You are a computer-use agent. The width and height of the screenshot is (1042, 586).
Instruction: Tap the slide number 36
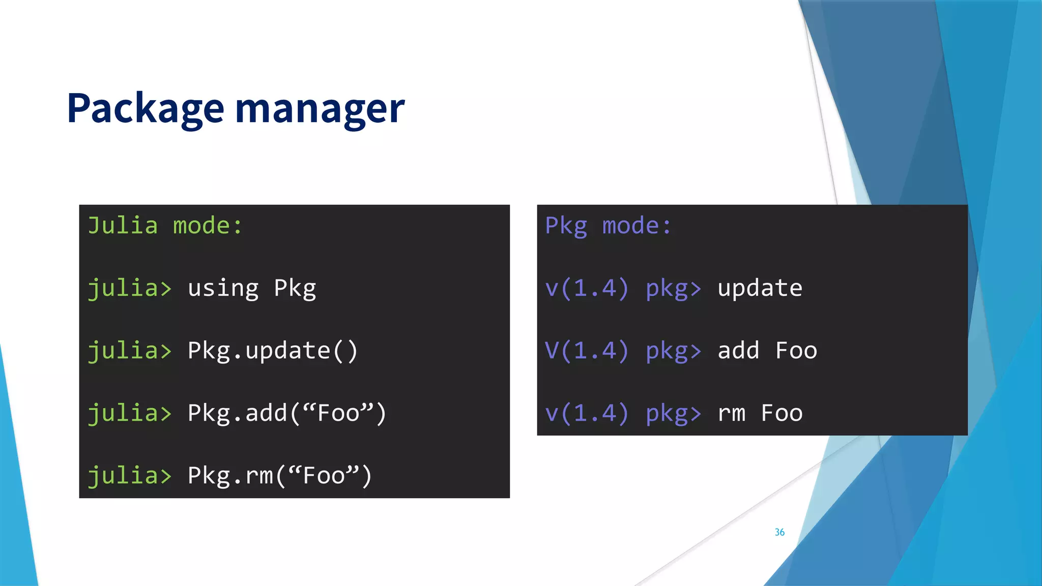(x=779, y=532)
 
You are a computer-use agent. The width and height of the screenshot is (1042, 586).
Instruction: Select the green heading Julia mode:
(x=165, y=226)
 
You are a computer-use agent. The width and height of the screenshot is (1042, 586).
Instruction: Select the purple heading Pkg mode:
(x=608, y=226)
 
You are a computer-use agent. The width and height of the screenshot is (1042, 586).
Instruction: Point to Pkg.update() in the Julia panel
(x=273, y=351)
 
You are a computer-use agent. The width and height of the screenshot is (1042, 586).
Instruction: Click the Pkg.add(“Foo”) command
(x=287, y=413)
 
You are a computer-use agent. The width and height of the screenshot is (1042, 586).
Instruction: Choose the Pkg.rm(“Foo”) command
(x=280, y=476)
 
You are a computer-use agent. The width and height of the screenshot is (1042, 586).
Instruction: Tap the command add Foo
(x=767, y=351)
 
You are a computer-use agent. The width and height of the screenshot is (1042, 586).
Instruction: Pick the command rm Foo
(x=760, y=413)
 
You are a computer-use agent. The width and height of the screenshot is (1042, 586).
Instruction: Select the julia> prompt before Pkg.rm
(x=130, y=476)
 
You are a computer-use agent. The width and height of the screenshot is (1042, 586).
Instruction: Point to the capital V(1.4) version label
(x=587, y=351)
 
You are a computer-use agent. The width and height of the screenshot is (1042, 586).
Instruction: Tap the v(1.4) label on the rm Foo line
(x=587, y=413)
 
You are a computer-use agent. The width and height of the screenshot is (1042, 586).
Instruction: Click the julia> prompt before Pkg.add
(x=130, y=413)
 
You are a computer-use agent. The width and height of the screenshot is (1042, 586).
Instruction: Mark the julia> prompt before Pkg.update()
(x=130, y=351)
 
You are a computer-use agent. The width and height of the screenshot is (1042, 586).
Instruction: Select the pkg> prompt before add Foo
(x=673, y=351)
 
